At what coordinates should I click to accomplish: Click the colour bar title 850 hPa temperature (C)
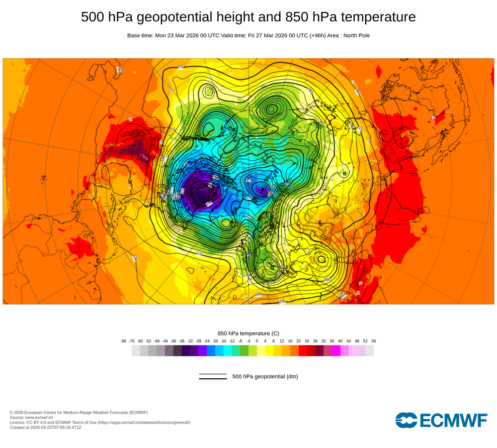pos(248,333)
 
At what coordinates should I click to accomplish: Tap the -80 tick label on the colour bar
pos(123,341)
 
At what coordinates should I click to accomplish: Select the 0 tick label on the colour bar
pos(257,341)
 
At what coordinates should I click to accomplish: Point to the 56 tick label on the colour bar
pos(373,341)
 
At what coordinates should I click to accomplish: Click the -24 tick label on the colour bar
pos(207,341)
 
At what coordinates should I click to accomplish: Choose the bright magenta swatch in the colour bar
pos(336,351)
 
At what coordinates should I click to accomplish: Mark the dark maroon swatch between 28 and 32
pos(320,351)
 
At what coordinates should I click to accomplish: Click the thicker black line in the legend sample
pos(213,379)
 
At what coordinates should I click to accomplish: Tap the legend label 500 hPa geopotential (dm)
pos(265,376)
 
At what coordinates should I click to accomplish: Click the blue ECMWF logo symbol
pos(406,420)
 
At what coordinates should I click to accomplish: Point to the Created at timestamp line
pos(45,427)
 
